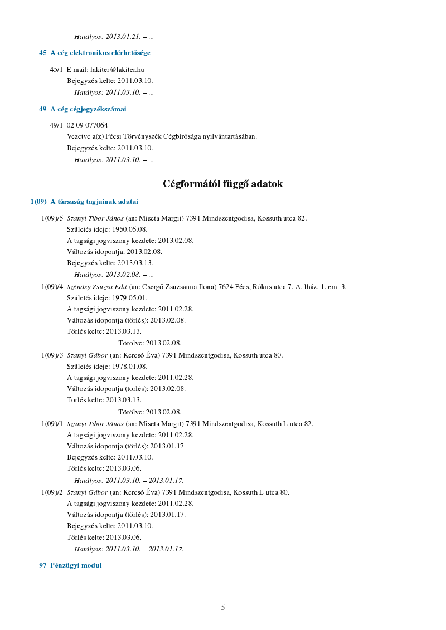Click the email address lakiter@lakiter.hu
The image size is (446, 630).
pyautogui.click(x=117, y=70)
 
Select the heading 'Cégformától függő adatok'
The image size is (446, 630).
pyautogui.click(x=223, y=184)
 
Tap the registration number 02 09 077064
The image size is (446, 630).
pyautogui.click(x=88, y=125)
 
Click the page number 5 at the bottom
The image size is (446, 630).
pyautogui.click(x=223, y=607)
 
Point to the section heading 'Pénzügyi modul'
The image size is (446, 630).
pyautogui.click(x=76, y=565)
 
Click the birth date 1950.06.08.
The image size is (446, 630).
pyautogui.click(x=127, y=229)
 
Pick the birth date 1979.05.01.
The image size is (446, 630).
pyautogui.click(x=127, y=298)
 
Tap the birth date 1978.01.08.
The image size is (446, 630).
pyautogui.click(x=127, y=367)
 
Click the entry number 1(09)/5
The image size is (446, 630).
pyautogui.click(x=52, y=218)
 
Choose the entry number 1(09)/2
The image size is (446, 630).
pyautogui.click(x=52, y=492)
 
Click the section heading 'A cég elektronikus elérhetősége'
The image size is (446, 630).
pyautogui.click(x=100, y=53)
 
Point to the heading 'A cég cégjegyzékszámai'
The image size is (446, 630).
pyautogui.click(x=88, y=109)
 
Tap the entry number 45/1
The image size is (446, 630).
pyautogui.click(x=56, y=70)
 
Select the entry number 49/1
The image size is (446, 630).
pyautogui.click(x=56, y=125)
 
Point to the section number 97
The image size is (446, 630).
pyautogui.click(x=42, y=565)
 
